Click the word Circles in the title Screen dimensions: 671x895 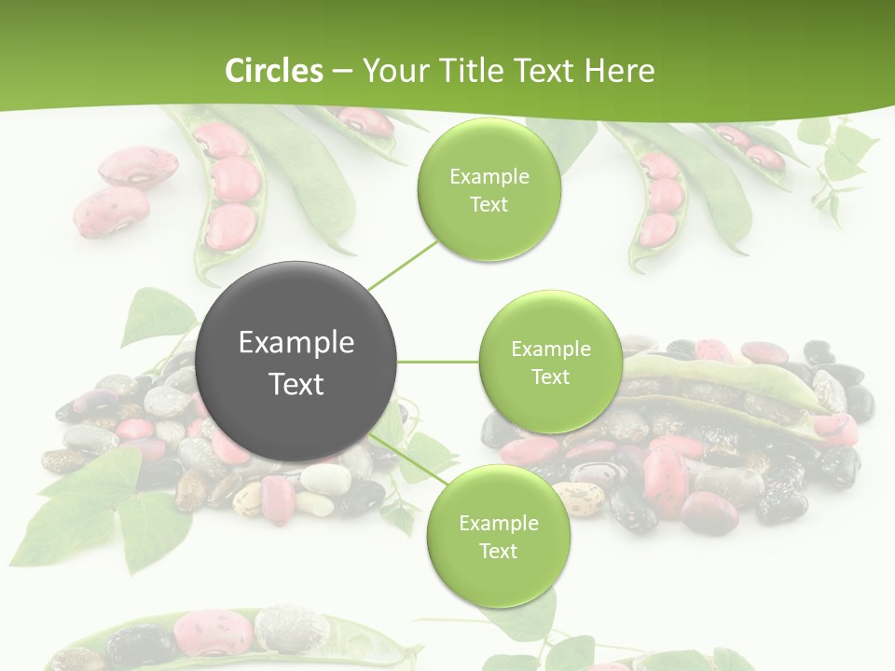[x=273, y=71]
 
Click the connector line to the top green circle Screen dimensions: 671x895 [x=402, y=263]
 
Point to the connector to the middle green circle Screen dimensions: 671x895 [x=438, y=362]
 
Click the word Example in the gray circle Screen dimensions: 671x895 [x=296, y=343]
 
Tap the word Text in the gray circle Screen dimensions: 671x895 [x=296, y=384]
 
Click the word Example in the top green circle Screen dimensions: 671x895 [x=489, y=177]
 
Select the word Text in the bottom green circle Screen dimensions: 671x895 [x=498, y=551]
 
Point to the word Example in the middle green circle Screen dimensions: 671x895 [x=550, y=349]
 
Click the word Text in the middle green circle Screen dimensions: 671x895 [x=550, y=377]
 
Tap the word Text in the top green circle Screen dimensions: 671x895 [x=489, y=205]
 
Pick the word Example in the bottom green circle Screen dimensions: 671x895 [x=498, y=523]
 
